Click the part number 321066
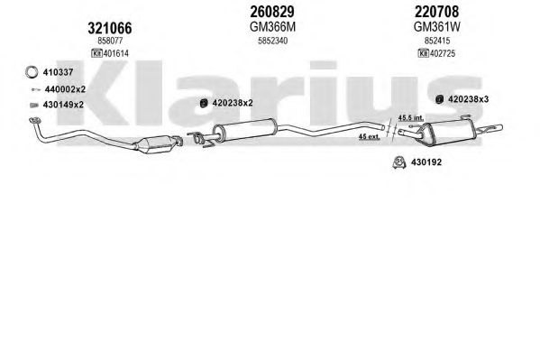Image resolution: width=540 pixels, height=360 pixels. [x=109, y=28]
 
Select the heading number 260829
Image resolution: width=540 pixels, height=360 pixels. [x=272, y=12]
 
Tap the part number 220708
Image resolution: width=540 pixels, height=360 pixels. [x=436, y=12]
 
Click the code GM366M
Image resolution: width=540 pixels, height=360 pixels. [x=272, y=27]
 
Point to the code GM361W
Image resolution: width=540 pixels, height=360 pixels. [x=436, y=27]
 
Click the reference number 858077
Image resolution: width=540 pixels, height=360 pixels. [x=110, y=41]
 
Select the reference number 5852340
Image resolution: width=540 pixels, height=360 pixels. [x=273, y=41]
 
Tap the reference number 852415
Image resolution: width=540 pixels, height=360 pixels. [x=437, y=41]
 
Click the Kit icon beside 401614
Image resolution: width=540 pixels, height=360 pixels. [x=96, y=53]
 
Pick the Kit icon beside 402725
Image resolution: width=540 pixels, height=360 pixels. [x=423, y=53]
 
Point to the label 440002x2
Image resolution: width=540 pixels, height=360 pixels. [x=65, y=89]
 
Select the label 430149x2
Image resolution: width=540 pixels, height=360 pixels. [x=63, y=105]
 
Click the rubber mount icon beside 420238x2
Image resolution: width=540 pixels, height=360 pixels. [x=204, y=103]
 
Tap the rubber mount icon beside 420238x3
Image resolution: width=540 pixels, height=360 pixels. [x=439, y=99]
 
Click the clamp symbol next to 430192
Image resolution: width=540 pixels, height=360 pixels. [x=398, y=162]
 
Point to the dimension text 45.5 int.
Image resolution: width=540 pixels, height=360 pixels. [x=410, y=117]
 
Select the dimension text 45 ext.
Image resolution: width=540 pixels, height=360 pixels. [x=370, y=136]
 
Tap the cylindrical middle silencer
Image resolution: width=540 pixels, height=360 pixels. [x=245, y=130]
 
